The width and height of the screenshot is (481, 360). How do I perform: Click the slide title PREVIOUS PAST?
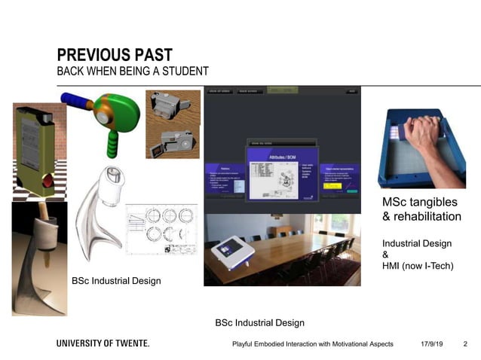(x=115, y=55)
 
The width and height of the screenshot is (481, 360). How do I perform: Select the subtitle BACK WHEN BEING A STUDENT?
(x=133, y=71)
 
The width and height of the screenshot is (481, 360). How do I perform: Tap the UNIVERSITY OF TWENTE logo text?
(x=103, y=343)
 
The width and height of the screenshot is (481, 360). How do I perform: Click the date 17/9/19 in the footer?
(x=431, y=344)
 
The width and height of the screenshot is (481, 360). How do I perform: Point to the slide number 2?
(x=465, y=344)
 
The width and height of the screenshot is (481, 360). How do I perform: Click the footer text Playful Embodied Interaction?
(x=312, y=344)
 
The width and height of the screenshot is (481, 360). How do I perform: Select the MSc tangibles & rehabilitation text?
(x=421, y=209)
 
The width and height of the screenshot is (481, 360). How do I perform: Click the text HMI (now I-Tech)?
(x=418, y=266)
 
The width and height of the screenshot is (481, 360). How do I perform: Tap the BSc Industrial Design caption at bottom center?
(x=260, y=323)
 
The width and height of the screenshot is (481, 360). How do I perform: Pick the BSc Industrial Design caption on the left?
(x=116, y=281)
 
